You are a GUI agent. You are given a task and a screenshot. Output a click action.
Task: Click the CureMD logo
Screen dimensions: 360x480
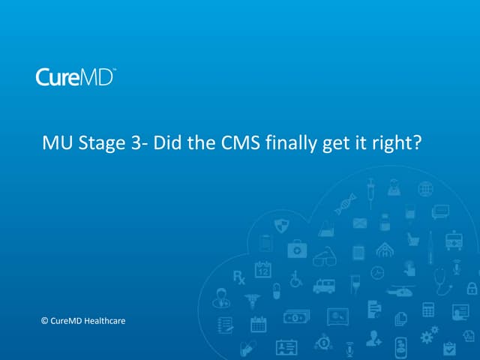click(75, 76)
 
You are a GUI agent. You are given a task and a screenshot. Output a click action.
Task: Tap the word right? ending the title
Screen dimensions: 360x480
click(403, 142)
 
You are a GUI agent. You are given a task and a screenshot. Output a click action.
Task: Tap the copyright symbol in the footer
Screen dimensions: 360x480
click(44, 321)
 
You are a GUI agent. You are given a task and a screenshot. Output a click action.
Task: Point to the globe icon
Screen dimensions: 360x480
click(425, 189)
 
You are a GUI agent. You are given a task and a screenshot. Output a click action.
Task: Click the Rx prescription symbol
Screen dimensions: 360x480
click(239, 277)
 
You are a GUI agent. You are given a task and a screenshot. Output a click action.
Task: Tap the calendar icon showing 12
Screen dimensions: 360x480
click(262, 269)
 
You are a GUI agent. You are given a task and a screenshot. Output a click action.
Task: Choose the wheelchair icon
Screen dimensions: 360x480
click(295, 277)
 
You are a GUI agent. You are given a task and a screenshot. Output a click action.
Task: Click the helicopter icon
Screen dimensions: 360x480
click(397, 289)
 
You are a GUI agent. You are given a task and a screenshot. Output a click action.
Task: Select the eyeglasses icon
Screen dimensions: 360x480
click(324, 257)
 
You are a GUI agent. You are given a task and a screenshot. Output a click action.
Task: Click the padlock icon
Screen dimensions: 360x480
click(472, 287)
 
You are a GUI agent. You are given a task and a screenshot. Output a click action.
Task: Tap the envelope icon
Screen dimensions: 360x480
click(360, 223)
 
